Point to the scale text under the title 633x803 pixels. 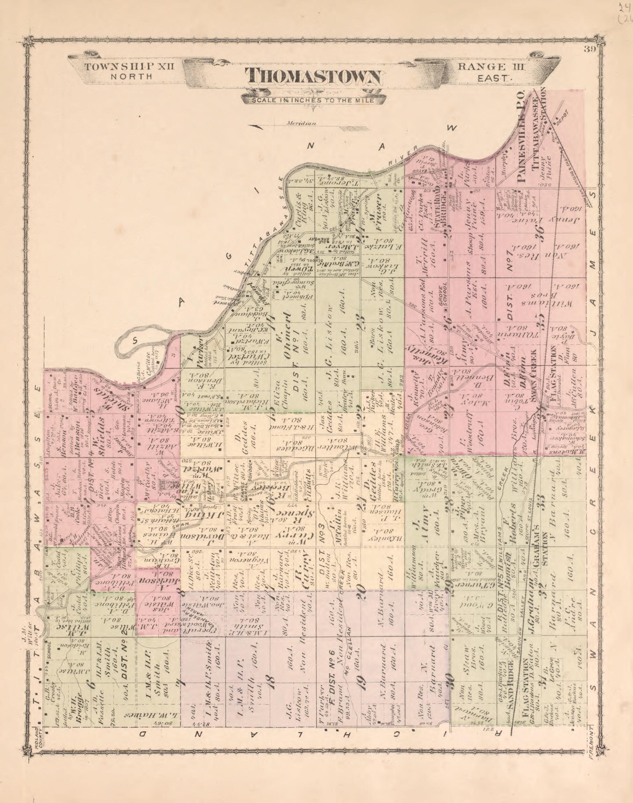tap(312, 100)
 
